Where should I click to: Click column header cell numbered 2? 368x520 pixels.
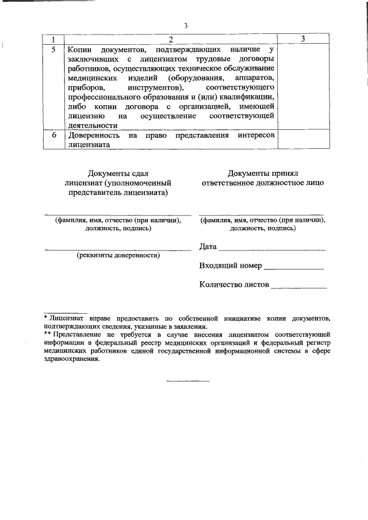point(171,40)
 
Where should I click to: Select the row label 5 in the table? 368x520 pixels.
point(53,50)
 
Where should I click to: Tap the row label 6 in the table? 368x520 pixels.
point(53,136)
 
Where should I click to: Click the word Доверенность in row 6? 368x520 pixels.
point(93,136)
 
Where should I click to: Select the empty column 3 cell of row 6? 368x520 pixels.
point(302,140)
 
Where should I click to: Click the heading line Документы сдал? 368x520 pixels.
point(117,173)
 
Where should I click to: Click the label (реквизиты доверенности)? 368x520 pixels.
point(118,255)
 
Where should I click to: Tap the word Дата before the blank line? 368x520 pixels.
point(208,247)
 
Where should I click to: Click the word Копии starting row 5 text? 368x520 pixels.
point(79,50)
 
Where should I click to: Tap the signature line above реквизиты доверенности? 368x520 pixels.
point(118,250)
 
